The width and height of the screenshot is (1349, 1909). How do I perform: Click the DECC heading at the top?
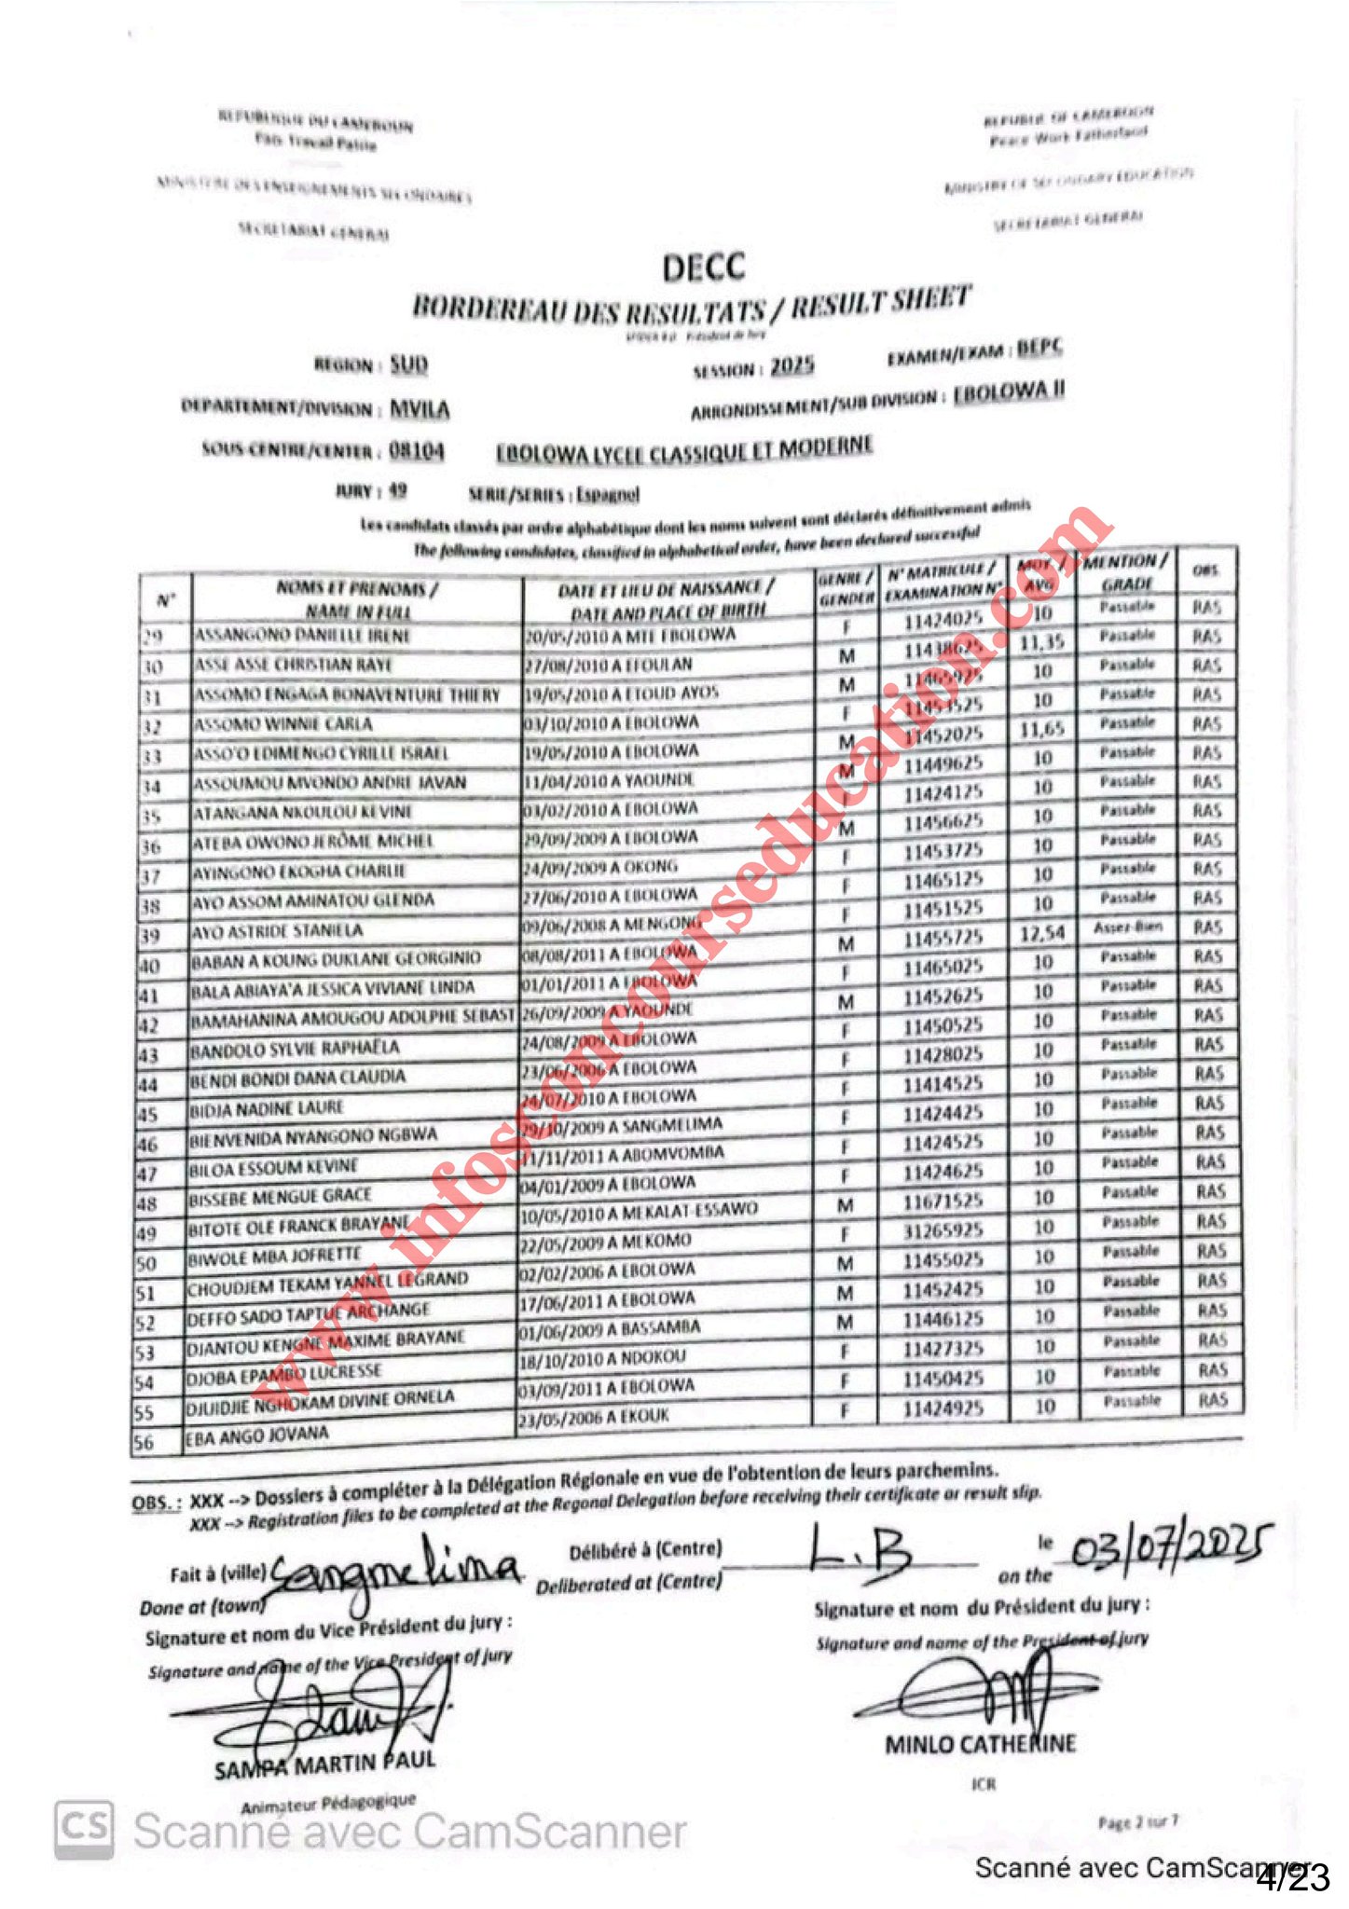pos(704,268)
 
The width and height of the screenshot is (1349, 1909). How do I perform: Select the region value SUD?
pos(408,364)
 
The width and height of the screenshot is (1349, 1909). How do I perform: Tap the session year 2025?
pos(792,365)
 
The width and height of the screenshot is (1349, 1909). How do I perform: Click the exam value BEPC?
pos(1039,348)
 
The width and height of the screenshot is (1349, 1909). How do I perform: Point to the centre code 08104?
pos(416,451)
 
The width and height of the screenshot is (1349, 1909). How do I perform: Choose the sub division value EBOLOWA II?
pos(1009,391)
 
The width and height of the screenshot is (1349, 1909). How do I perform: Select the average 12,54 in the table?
pos(1041,933)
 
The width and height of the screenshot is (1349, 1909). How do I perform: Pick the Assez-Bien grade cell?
pos(1128,927)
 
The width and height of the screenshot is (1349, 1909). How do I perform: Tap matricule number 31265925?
pos(943,1230)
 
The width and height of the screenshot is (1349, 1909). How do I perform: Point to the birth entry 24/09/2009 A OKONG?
pos(599,869)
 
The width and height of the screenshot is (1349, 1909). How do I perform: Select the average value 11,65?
pos(1041,729)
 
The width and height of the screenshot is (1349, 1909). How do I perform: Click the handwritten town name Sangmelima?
pos(392,1569)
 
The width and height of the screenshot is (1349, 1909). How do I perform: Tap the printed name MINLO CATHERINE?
pos(980,1744)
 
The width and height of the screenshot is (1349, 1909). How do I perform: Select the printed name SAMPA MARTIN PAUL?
pos(324,1765)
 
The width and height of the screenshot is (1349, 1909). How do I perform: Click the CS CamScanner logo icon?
pos(84,1830)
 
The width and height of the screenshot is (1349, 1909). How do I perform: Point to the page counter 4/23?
pos(1292,1877)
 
